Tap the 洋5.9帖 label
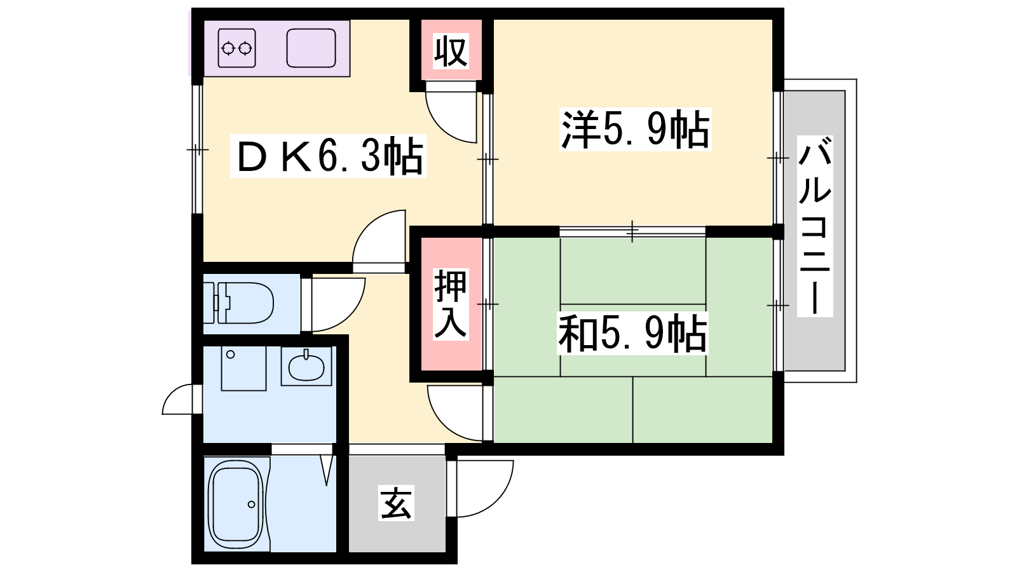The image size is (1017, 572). click(x=635, y=130)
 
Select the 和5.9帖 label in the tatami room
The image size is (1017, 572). click(x=632, y=333)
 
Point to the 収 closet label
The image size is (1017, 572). click(x=451, y=51)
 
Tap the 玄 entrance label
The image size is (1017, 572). click(x=396, y=503)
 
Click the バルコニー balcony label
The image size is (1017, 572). click(x=815, y=226)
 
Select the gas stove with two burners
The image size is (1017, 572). click(x=236, y=48)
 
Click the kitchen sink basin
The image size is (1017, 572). click(x=311, y=48)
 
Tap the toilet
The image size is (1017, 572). click(x=238, y=303)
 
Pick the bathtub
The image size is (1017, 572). click(x=236, y=504)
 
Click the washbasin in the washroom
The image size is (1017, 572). click(x=306, y=366)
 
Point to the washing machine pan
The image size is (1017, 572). click(x=243, y=369)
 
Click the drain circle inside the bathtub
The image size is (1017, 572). click(x=251, y=505)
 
